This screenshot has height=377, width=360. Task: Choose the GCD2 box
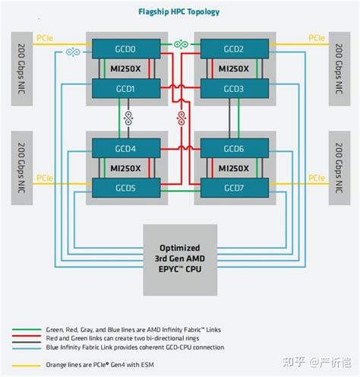point(234,49)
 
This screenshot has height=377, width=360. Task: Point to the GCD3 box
point(234,88)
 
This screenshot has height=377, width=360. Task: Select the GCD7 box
point(234,188)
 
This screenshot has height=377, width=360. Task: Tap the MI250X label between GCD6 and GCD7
point(234,168)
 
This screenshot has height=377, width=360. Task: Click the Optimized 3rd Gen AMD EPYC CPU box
point(179,259)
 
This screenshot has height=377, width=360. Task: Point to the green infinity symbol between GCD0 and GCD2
point(180,43)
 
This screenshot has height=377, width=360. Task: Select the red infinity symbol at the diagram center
point(181,116)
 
